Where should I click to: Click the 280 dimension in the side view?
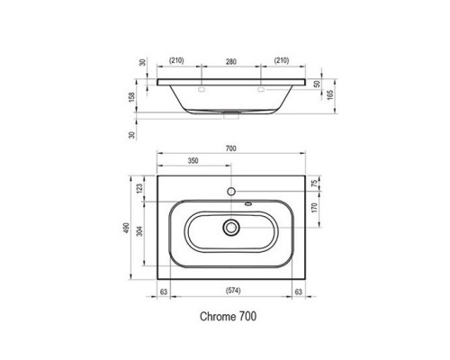pyautogui.click(x=231, y=64)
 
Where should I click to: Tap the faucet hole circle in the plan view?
pyautogui.click(x=231, y=193)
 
